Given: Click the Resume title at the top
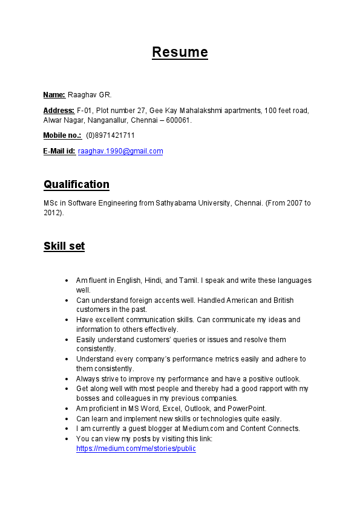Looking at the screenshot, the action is click(180, 52).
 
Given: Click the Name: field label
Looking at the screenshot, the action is click(54, 95).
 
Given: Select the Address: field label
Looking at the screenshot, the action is click(59, 111).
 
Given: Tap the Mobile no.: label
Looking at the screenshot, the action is click(62, 135).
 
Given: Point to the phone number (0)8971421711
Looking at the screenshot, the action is click(111, 135).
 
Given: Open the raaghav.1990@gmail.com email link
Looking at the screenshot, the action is click(120, 151).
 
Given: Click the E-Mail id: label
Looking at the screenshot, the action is click(59, 151).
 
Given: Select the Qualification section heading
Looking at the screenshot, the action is click(76, 184).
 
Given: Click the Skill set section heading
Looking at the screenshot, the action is click(64, 246).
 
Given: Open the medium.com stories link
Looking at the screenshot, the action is click(136, 449).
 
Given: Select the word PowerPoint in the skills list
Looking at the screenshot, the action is click(246, 409).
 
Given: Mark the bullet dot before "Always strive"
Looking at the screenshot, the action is click(66, 379).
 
